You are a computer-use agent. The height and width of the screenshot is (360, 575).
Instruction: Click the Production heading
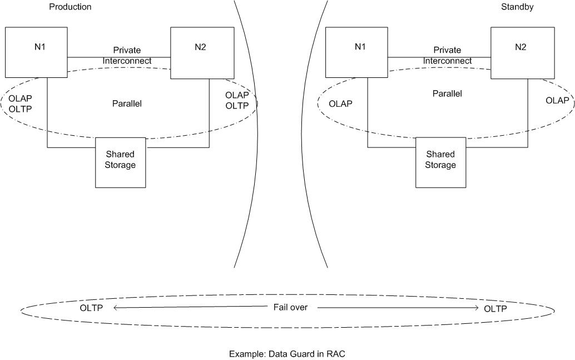pos(70,7)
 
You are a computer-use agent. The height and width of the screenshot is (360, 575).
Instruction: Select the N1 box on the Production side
pos(36,52)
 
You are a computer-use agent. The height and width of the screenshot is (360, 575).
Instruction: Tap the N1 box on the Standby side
pos(356,52)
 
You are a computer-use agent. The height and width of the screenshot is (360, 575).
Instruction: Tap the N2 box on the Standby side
pos(522,52)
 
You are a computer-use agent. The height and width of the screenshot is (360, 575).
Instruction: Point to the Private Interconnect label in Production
pos(127,55)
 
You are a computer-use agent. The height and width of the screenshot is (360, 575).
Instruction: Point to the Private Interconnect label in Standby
pos(447,55)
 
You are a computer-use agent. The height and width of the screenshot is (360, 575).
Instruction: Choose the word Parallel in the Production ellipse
pos(127,103)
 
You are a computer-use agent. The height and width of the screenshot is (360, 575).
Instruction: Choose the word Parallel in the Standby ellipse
pos(447,93)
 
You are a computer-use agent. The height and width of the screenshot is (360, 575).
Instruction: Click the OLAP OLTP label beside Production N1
pos(20,103)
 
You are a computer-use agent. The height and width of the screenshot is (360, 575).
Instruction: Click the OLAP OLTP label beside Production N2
pos(237,100)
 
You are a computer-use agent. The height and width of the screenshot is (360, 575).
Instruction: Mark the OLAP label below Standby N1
pos(340,104)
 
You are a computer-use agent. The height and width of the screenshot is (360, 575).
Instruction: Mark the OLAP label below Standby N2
pos(557,101)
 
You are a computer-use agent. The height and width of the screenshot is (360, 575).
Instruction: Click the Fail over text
pos(290,307)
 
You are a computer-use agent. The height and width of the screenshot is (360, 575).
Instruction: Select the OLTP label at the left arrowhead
pos(91,308)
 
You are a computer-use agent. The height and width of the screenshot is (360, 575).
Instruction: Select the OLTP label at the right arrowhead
pos(495,309)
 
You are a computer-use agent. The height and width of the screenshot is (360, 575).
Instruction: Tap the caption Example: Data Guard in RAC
pos(287,353)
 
